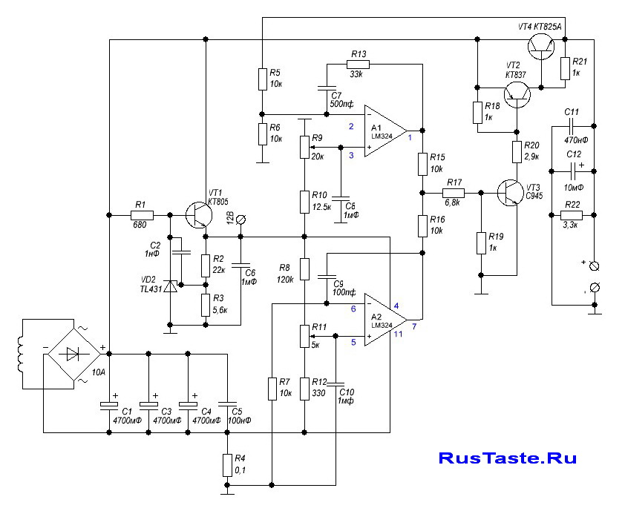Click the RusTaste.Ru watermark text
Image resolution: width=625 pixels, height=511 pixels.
507,458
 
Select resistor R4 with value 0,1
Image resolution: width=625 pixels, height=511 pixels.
228,465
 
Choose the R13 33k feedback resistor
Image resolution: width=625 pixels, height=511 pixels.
357,65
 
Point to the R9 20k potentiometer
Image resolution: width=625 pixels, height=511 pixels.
303,147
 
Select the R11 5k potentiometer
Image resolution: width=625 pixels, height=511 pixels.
303,336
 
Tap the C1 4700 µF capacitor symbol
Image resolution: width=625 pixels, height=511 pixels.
110,405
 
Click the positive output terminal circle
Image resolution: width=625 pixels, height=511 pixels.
593,265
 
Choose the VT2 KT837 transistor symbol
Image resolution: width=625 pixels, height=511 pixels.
516,93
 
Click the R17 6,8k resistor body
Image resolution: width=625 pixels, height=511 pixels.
454,191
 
